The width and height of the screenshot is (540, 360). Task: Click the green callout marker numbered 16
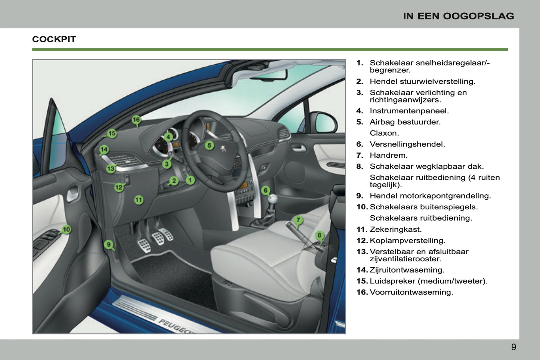click(136, 120)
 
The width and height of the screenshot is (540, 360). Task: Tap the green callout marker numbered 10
click(66, 230)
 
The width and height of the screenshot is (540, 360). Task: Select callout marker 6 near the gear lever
click(265, 191)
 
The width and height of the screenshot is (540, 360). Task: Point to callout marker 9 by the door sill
click(108, 245)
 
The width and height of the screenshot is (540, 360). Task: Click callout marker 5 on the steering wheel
click(209, 145)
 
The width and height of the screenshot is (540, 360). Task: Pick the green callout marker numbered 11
click(139, 200)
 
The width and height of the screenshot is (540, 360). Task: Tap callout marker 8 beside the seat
click(319, 236)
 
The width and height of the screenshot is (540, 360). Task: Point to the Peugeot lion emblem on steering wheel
click(223, 149)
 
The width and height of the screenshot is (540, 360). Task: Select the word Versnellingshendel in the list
click(407, 144)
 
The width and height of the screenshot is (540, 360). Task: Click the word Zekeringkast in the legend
click(395, 230)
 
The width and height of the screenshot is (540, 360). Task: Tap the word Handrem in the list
click(388, 156)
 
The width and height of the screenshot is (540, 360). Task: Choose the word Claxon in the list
click(384, 133)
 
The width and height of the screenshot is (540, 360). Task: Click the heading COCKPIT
click(54, 39)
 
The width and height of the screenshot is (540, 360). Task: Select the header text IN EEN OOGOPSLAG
click(458, 16)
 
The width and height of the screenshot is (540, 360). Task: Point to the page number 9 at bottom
click(513, 347)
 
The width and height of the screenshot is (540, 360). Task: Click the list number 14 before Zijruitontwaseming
click(362, 270)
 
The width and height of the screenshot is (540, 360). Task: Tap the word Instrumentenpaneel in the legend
click(409, 111)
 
